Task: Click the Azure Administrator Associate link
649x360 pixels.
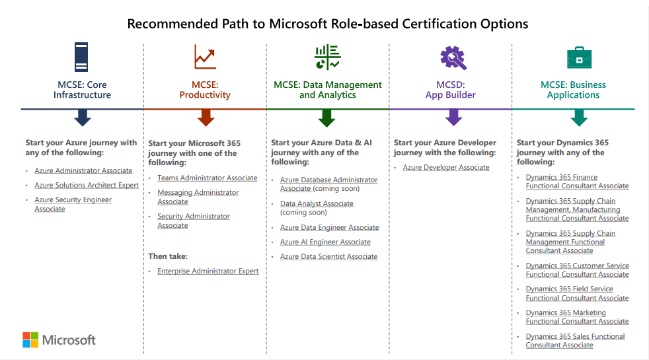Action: [x=83, y=171]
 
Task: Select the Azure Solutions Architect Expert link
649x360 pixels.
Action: [x=87, y=186]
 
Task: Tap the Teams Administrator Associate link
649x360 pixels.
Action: [x=207, y=178]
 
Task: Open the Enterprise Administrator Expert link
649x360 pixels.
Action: [x=208, y=271]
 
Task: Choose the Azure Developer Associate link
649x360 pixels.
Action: [x=446, y=168]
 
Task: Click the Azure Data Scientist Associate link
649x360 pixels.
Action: [x=328, y=257]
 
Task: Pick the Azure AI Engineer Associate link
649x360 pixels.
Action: [x=325, y=242]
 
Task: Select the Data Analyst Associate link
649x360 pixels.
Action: [x=317, y=204]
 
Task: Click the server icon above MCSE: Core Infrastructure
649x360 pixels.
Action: [x=82, y=57]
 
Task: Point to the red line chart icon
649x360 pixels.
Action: [x=205, y=57]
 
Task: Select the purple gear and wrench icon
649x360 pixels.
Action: [x=453, y=57]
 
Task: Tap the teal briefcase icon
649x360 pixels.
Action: [x=579, y=58]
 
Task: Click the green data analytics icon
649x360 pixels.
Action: [x=327, y=57]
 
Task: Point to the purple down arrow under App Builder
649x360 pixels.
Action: [x=453, y=118]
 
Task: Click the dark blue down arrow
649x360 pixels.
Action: [x=82, y=118]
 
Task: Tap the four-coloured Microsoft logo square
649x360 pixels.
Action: [x=30, y=340]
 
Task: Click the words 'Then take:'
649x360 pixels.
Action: [x=168, y=256]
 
